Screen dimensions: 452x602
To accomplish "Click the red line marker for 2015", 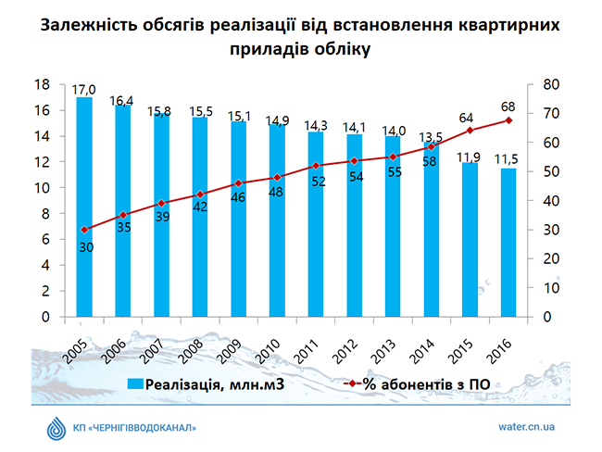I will click(x=470, y=131).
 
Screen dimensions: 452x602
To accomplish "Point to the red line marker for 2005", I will click(x=85, y=230).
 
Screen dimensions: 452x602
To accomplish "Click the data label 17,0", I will click(x=84, y=89).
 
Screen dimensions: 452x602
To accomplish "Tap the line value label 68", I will click(x=508, y=106).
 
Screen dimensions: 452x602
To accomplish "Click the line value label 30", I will click(x=85, y=246).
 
